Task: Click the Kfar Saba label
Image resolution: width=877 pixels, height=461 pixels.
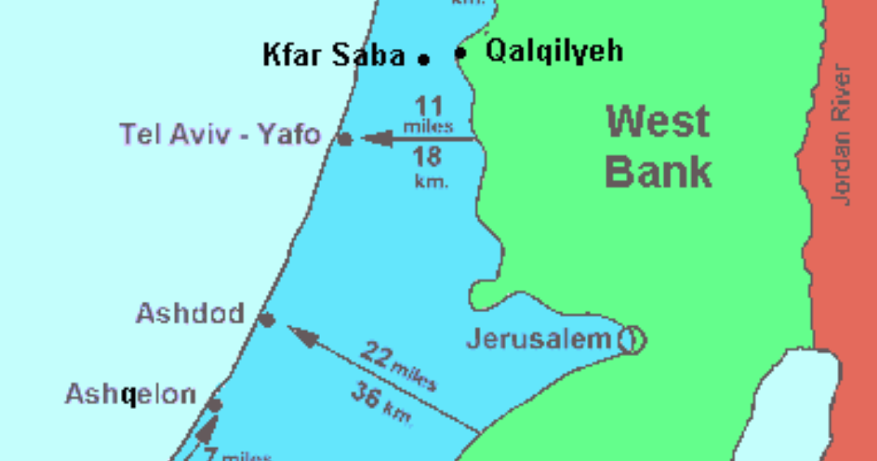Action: point(333,56)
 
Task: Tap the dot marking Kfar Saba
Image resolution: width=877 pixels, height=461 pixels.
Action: point(423,59)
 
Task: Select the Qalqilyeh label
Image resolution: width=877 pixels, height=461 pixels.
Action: point(555,51)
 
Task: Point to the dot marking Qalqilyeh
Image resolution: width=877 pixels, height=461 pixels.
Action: point(460,54)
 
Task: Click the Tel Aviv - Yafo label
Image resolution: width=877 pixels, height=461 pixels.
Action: point(220,134)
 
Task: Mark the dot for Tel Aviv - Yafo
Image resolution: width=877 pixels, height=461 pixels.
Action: point(345,140)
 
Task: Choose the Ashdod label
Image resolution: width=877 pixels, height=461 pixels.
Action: point(190,313)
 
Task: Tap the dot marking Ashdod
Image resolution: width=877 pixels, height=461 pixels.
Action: point(266,320)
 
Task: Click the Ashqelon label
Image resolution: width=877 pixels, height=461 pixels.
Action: point(131,395)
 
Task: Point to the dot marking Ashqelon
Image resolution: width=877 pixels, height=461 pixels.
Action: point(214,404)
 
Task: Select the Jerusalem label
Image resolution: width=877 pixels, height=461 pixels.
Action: point(538,339)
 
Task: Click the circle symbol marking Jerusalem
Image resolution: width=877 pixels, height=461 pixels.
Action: point(631,340)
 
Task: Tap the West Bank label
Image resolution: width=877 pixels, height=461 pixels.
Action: point(659,147)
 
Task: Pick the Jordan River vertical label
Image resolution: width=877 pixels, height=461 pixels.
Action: point(842,134)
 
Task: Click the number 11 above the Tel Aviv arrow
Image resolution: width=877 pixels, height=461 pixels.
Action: point(430,107)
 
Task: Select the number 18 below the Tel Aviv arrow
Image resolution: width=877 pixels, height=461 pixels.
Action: point(430,157)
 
